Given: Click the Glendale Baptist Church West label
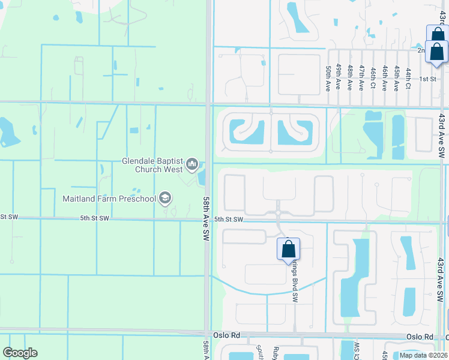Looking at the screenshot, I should click(152, 165).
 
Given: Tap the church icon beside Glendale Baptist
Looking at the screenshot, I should click(192, 164).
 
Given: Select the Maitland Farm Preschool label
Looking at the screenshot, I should click(109, 198).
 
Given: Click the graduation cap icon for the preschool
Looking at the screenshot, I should click(165, 198).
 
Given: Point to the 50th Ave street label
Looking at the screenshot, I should click(328, 78).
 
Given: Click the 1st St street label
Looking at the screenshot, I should click(427, 79).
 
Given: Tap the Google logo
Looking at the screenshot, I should click(20, 353).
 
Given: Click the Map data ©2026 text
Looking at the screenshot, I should click(423, 355).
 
